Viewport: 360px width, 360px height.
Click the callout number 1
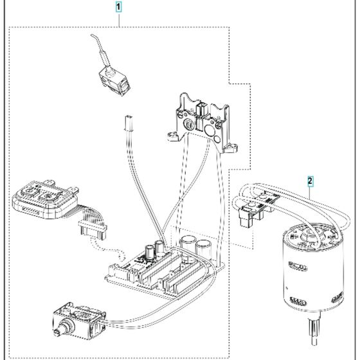point(119,8)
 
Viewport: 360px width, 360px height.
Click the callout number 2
point(310,182)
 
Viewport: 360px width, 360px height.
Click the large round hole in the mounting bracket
point(209,132)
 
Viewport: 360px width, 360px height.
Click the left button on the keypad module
point(30,191)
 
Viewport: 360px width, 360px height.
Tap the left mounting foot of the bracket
point(172,136)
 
